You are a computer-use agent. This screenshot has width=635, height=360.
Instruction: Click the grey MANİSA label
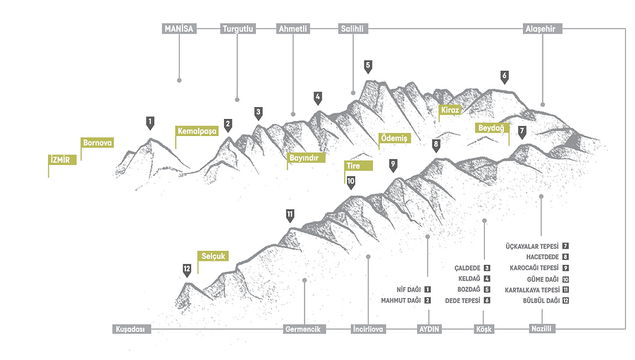pos(178,29)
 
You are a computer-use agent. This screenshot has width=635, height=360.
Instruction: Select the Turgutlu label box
pos(238,29)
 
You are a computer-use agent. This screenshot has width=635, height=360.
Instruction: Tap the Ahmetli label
pos(293,29)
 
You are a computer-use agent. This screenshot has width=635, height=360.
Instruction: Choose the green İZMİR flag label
pos(62,159)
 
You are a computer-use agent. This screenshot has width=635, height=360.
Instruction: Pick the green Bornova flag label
pos(97,142)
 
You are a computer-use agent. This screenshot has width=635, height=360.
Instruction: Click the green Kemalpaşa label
pos(195,131)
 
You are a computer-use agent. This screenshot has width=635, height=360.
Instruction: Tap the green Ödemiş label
pos(394,138)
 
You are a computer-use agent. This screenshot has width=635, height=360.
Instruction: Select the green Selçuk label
pos(213,256)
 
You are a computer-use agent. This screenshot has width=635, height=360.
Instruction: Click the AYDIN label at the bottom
pos(429,329)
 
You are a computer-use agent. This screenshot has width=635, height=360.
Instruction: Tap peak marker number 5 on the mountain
pos(368,66)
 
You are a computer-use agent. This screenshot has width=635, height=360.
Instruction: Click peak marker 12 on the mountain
pos(187,268)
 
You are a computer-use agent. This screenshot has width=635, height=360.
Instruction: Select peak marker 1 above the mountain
pos(150,121)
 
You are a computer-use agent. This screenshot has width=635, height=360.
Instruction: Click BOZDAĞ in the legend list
pos(468,290)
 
